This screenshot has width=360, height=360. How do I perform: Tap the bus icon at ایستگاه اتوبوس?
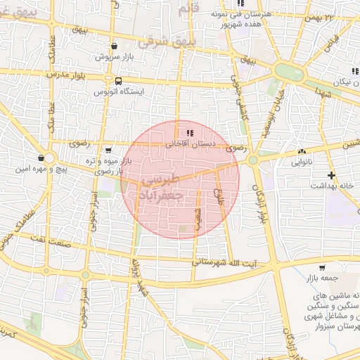click(117, 80)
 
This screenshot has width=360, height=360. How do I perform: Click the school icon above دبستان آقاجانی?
click(190, 132)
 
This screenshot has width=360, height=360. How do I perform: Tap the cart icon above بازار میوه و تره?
click(108, 150)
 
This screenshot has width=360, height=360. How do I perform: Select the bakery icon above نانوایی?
click(302, 151)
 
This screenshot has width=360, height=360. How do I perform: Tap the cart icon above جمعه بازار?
click(322, 267)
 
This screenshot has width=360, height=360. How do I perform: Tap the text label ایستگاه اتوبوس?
click(118, 91)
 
